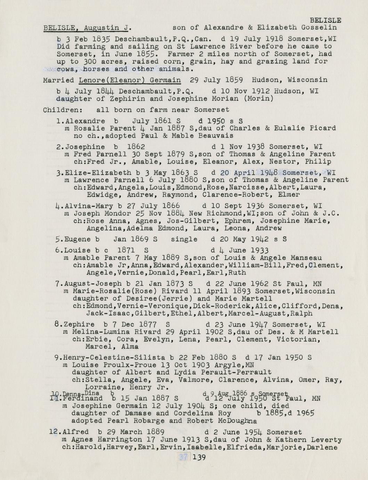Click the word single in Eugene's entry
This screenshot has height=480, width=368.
pyautogui.click(x=184, y=239)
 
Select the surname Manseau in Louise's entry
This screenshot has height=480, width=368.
pyautogui.click(x=306, y=258)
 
